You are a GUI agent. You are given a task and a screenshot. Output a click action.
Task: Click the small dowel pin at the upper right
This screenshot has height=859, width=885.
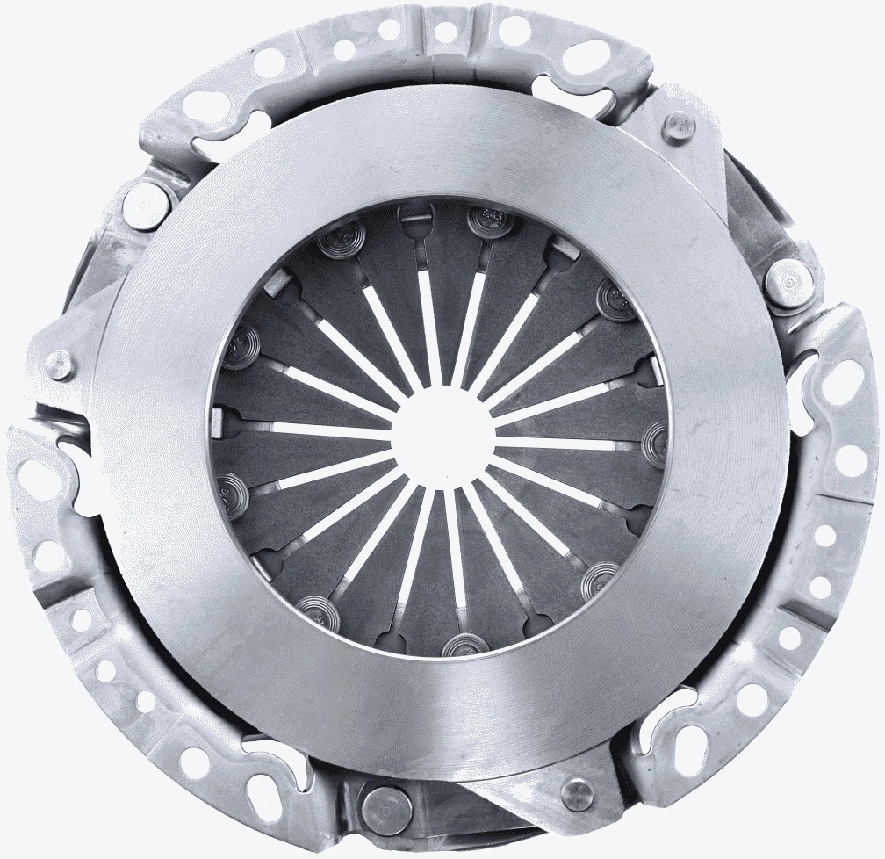[x=679, y=125]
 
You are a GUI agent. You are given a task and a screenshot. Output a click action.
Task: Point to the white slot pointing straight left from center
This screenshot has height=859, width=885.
[x=325, y=430]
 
